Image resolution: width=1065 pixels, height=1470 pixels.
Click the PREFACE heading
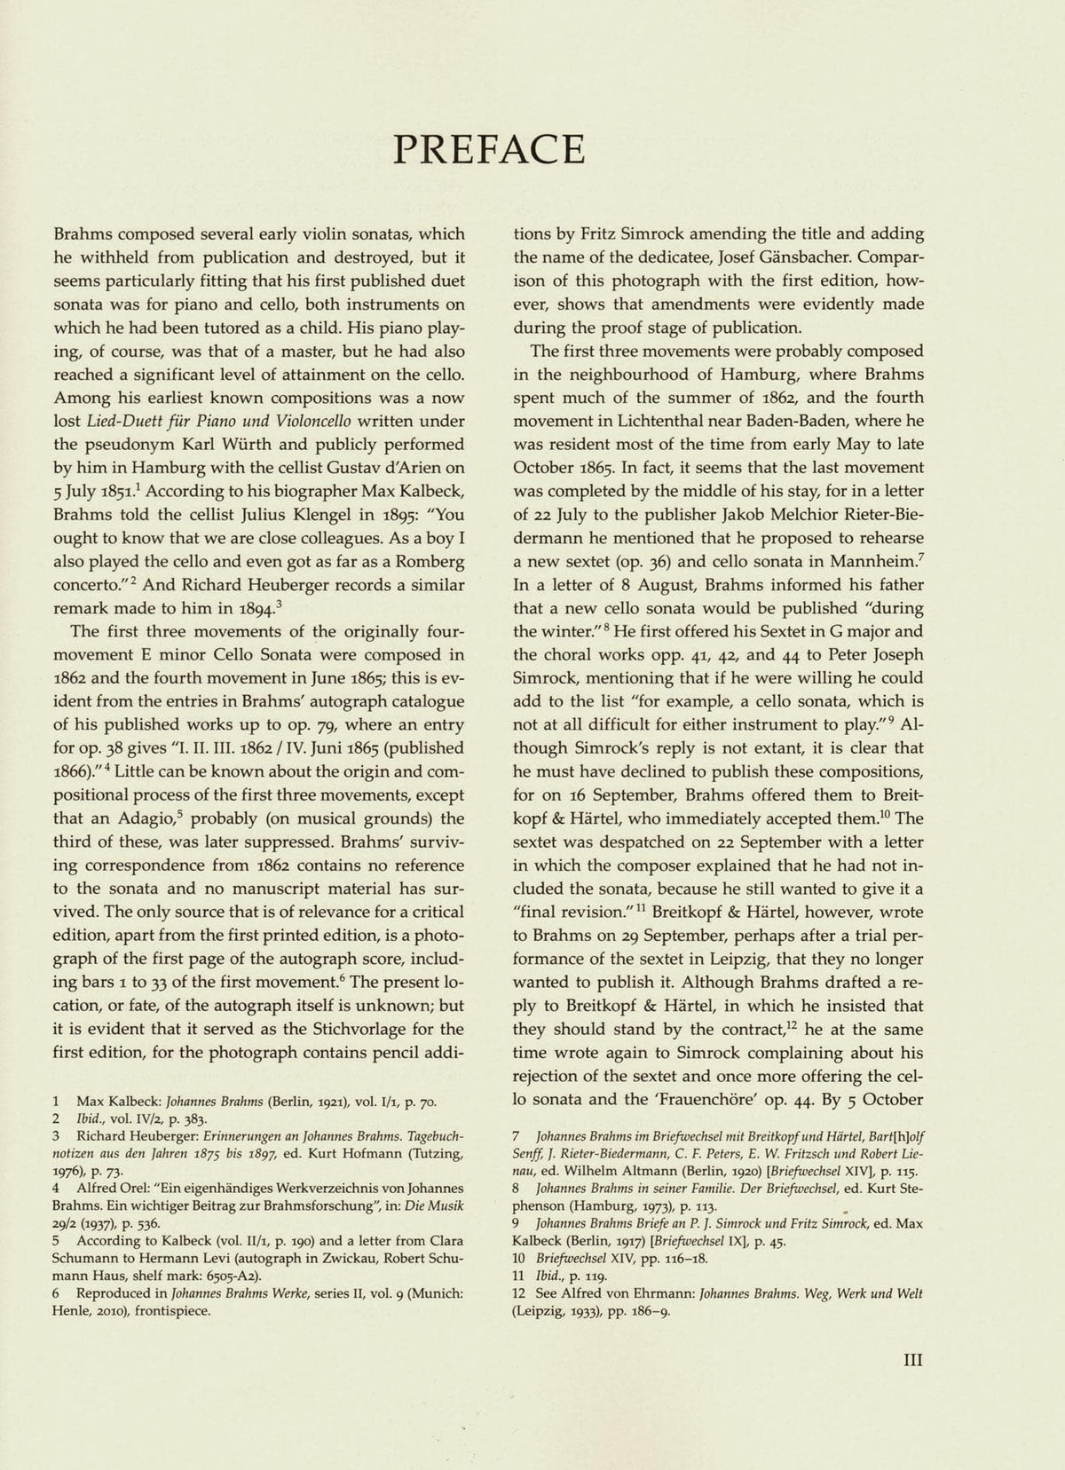[489, 149]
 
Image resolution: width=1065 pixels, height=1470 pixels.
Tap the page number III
[913, 1359]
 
